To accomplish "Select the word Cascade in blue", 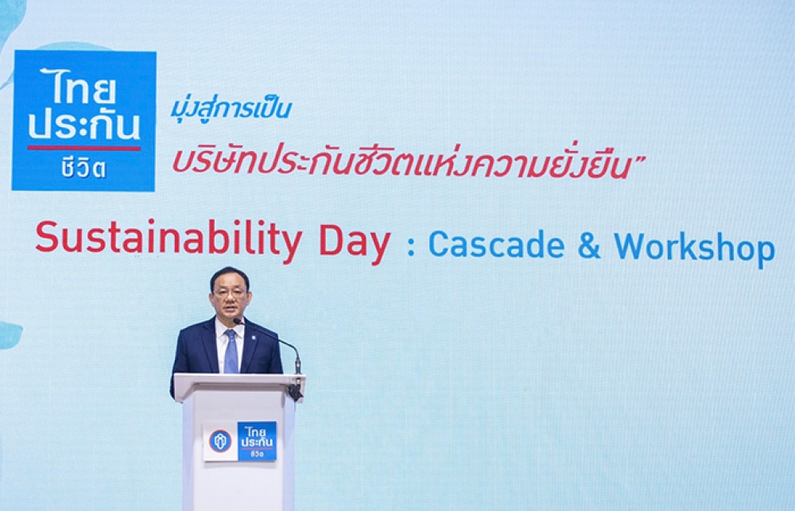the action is coord(496,245).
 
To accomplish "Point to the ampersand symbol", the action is coord(588,245).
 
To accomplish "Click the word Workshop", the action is coord(694,248).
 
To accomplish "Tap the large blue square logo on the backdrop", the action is coord(83,121).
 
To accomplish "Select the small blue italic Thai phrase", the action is coord(231,108).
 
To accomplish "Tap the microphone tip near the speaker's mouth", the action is coord(236,321).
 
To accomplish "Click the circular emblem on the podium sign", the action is coord(220,441).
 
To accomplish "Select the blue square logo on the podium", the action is coord(257,441).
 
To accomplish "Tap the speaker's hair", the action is coord(230,277).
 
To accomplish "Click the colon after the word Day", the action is coord(411,246).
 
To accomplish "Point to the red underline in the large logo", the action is coord(83,148).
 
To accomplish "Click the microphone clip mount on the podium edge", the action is coord(296,389).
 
